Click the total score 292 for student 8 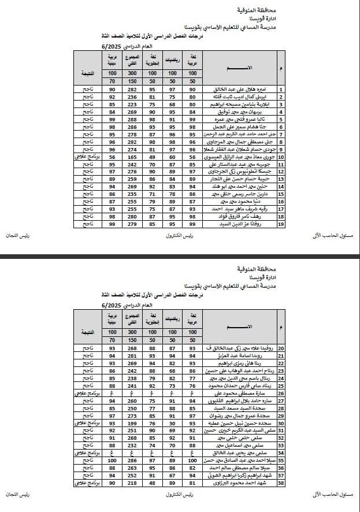pos(131,141)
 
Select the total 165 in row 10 pos(131,156)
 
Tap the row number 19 pos(280,223)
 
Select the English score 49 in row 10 pos(152,156)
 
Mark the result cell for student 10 pos(87,156)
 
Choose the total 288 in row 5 pos(131,119)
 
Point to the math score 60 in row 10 pos(172,156)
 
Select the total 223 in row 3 pos(131,104)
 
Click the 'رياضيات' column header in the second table pos(172,318)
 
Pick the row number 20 pos(280,348)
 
